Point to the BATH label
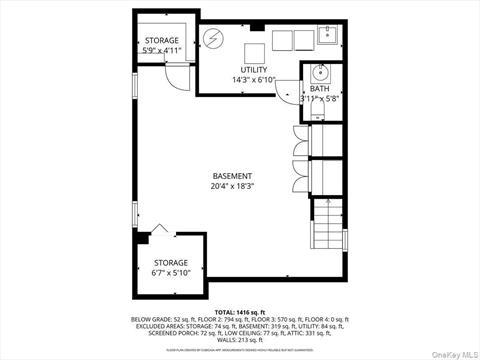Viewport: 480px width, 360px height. (x=319, y=89)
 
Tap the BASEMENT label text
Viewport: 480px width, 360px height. (x=232, y=175)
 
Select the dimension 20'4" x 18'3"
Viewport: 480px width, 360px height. (x=232, y=186)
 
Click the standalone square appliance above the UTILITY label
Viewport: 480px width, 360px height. (x=254, y=51)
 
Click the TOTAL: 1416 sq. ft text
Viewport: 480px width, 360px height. (x=240, y=312)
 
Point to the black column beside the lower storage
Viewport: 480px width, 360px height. (x=144, y=236)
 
